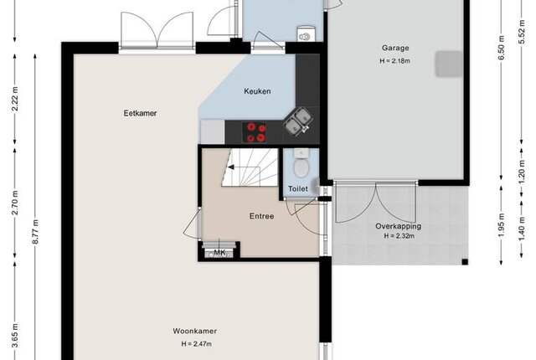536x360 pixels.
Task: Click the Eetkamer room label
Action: [x=140, y=113]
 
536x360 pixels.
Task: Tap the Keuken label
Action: [x=257, y=91]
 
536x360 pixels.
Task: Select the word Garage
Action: [x=395, y=49]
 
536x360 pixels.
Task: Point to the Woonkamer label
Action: [x=194, y=331]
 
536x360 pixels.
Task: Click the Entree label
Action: [x=261, y=216]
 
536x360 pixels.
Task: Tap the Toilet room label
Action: [x=298, y=188]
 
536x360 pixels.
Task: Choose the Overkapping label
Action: [x=399, y=226]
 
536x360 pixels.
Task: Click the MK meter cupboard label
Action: [x=219, y=253]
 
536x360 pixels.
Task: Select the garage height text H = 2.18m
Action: [x=394, y=61]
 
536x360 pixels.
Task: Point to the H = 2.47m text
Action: [x=196, y=344]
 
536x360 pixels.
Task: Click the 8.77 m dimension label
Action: [x=35, y=232]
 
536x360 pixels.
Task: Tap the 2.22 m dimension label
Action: [x=15, y=100]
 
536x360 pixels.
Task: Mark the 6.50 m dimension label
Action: [x=501, y=48]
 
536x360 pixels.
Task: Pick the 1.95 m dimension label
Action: [x=501, y=225]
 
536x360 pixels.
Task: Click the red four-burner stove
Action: [x=256, y=132]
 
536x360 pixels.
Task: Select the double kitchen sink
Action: [x=298, y=121]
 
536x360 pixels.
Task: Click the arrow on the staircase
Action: [x=231, y=167]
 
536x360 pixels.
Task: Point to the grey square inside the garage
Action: [x=449, y=64]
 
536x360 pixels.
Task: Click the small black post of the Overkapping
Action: [x=465, y=262]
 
